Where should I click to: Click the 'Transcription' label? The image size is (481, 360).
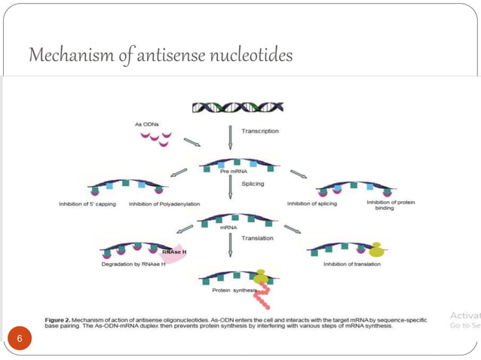[x=259, y=130]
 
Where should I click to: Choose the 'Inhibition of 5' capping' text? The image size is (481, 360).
[x=87, y=203]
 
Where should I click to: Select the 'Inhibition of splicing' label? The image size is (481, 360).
[x=311, y=203]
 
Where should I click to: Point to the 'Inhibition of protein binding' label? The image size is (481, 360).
[x=391, y=206]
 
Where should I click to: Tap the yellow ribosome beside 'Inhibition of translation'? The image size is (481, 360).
[x=374, y=249]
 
